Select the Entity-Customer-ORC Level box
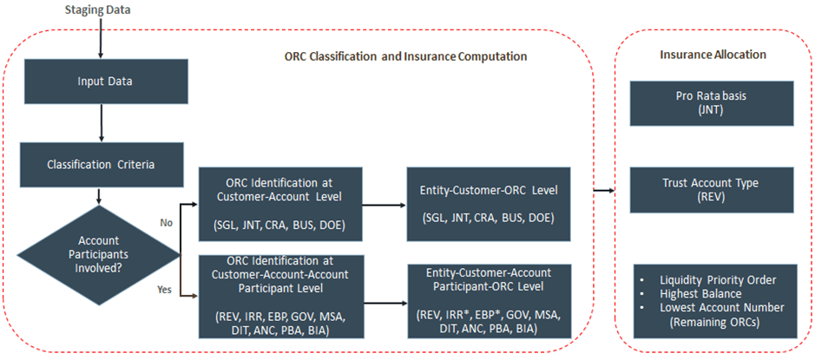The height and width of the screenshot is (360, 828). (x=490, y=205)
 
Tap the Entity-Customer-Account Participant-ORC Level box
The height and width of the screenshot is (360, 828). (x=490, y=300)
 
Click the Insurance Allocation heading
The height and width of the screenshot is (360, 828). (x=713, y=55)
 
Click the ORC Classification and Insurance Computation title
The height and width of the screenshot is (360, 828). (x=405, y=56)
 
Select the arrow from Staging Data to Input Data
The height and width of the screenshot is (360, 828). (x=102, y=38)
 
